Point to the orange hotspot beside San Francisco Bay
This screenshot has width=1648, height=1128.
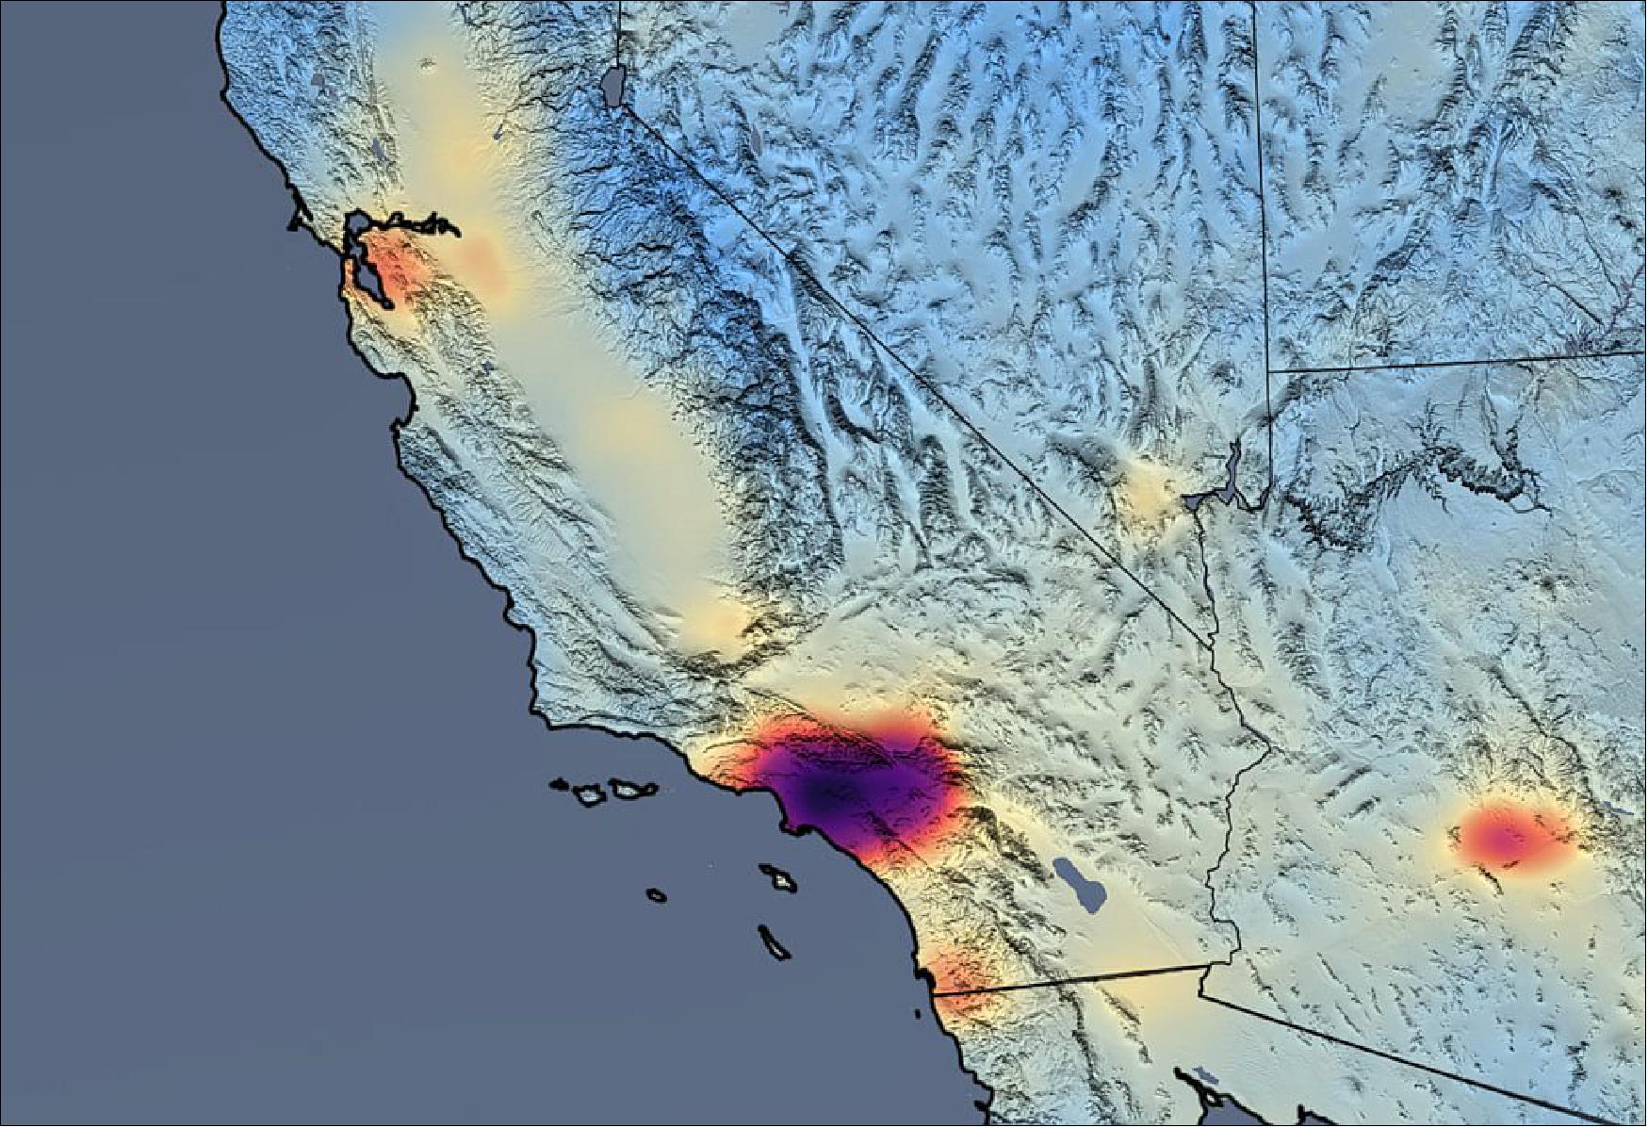(x=396, y=269)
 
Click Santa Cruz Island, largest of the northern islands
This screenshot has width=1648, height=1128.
(x=628, y=787)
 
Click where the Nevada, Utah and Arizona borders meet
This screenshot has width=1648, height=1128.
(x=1268, y=370)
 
